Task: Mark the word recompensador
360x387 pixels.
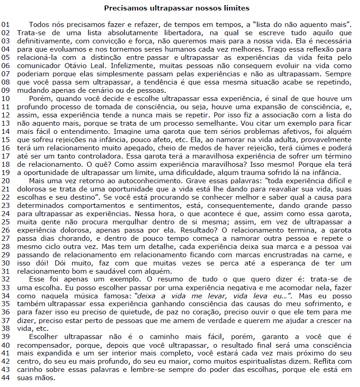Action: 44,345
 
